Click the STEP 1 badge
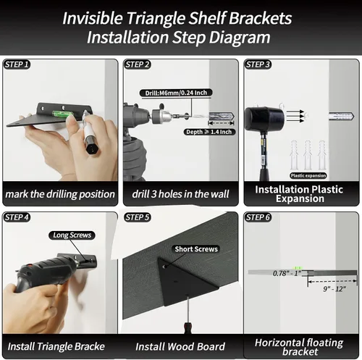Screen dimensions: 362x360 [x=17, y=64]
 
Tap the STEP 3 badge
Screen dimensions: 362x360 [x=258, y=64]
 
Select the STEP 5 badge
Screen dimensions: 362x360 [x=137, y=217]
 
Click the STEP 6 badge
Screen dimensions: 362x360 [x=258, y=217]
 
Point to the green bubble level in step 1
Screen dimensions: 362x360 [x=59, y=114]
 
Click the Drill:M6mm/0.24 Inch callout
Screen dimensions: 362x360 [x=176, y=93]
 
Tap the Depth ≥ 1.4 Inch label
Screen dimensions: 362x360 [x=209, y=132]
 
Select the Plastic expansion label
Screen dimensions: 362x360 [x=308, y=175]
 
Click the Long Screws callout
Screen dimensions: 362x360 [x=72, y=235]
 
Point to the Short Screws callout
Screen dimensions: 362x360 [x=196, y=249]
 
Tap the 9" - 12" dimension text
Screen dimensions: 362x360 [x=334, y=289]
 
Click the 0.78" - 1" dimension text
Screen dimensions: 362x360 [x=287, y=273]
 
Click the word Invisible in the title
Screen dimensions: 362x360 [x=93, y=18]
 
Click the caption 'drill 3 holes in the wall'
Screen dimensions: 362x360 [x=180, y=194]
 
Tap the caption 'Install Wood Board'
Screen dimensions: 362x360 [x=180, y=347]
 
